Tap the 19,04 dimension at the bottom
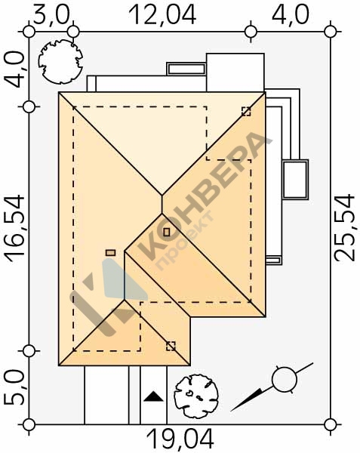point(180,439)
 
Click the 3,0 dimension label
point(51,14)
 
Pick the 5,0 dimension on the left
point(14,388)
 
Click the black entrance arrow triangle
point(153,396)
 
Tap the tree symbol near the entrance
point(196,396)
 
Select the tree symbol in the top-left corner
point(60,62)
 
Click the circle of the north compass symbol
point(285,379)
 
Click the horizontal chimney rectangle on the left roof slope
point(111,253)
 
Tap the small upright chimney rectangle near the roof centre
point(167,232)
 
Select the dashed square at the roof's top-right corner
point(246,111)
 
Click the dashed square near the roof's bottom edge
point(171,346)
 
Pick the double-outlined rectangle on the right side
point(295,180)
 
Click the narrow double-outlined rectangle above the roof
point(186,69)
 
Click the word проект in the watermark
point(185,242)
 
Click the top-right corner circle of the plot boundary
point(331,32)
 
